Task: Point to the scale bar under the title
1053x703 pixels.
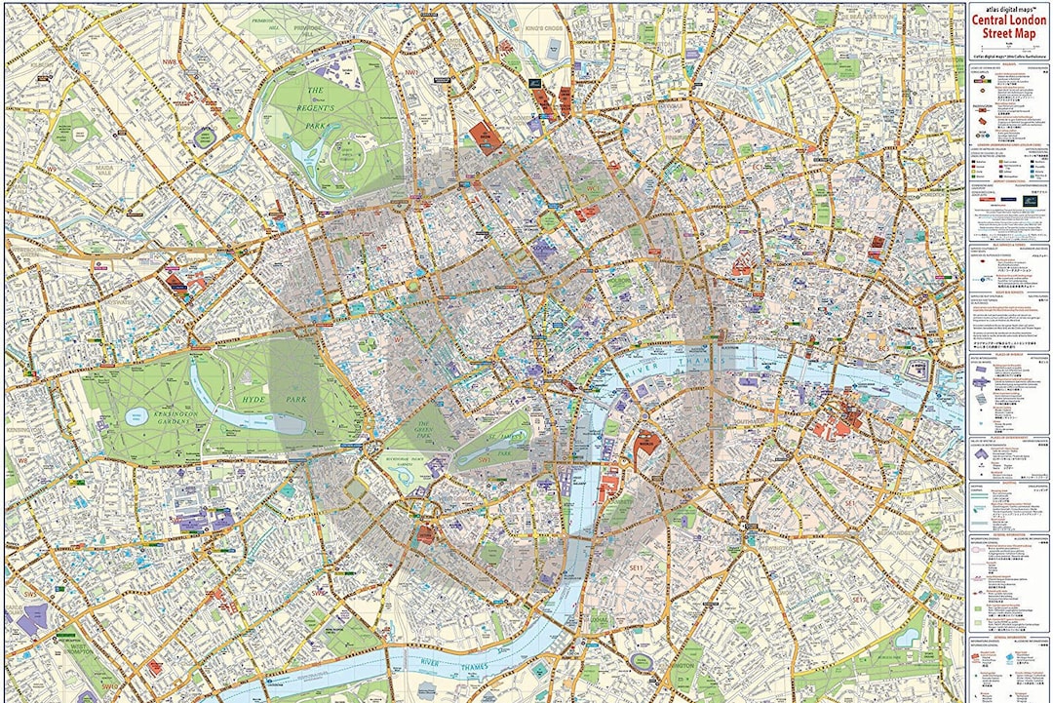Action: (x=1008, y=46)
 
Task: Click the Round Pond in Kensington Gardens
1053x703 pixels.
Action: (x=135, y=416)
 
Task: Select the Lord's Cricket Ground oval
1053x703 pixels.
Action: (x=204, y=137)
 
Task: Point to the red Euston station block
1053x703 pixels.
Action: (x=485, y=137)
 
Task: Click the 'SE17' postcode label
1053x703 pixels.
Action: (x=858, y=599)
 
